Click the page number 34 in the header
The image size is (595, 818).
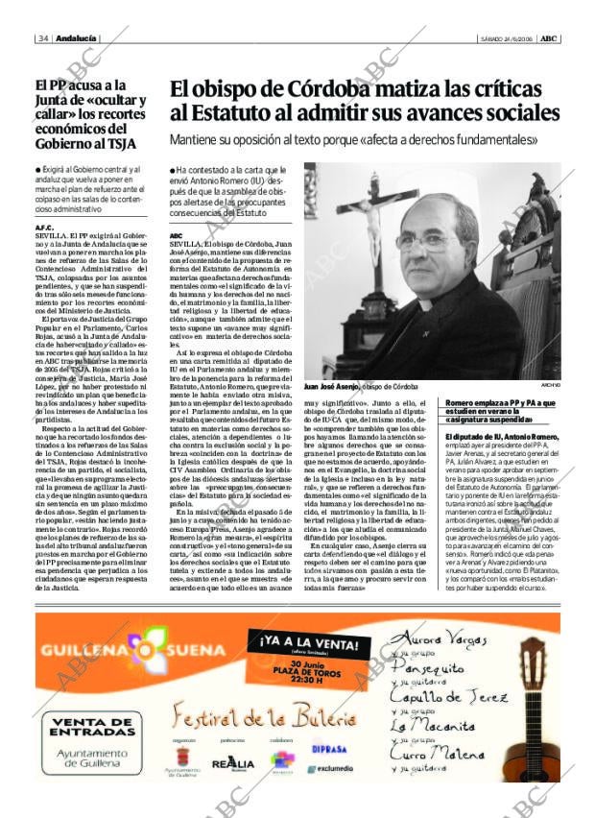(x=43, y=38)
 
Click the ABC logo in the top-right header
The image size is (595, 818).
(x=548, y=38)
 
